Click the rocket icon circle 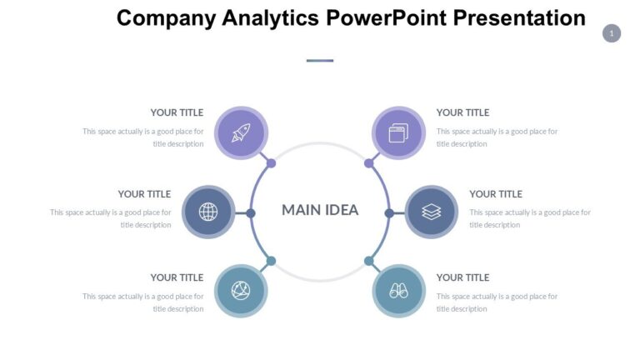pyautogui.click(x=241, y=132)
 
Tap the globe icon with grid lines pyautogui.click(x=208, y=212)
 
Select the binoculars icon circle pyautogui.click(x=398, y=291)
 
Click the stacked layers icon pyautogui.click(x=431, y=212)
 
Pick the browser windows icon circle pyautogui.click(x=398, y=132)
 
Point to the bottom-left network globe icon pyautogui.click(x=241, y=291)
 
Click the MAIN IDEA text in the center pyautogui.click(x=320, y=210)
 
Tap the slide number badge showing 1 pyautogui.click(x=612, y=33)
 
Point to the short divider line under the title pyautogui.click(x=320, y=61)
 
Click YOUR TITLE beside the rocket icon pyautogui.click(x=177, y=112)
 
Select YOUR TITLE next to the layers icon pyautogui.click(x=496, y=194)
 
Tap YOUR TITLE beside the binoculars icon pyautogui.click(x=463, y=277)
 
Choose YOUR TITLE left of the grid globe pyautogui.click(x=144, y=194)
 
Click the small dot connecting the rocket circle pyautogui.click(x=271, y=163)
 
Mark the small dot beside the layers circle pyautogui.click(x=389, y=213)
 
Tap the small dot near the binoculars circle pyautogui.click(x=369, y=261)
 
